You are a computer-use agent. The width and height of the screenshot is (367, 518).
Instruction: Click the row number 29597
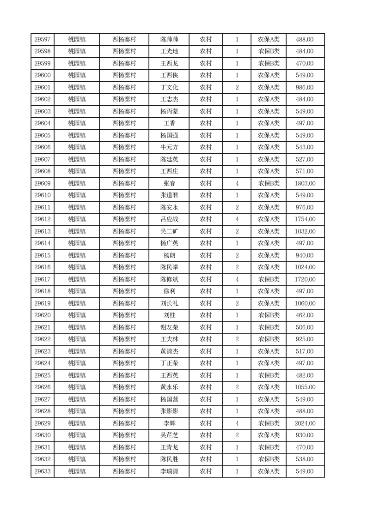43,40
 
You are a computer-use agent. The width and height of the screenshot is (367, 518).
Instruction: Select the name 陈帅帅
169,40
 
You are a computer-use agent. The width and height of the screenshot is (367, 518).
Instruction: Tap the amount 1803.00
305,184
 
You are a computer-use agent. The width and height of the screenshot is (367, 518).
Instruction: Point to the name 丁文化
169,88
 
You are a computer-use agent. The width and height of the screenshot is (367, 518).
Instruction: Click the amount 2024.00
305,423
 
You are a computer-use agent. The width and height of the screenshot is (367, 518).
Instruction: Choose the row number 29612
43,219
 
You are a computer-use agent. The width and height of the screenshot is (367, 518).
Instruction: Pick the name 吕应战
169,219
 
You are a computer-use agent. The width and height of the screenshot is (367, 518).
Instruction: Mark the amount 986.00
305,88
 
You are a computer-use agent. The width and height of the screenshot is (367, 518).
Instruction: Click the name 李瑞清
169,471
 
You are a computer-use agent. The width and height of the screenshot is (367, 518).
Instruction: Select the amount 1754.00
305,219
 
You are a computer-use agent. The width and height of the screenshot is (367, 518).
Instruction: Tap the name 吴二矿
169,231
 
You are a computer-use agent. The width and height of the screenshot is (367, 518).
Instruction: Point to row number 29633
43,471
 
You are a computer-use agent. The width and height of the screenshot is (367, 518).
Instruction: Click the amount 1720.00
305,279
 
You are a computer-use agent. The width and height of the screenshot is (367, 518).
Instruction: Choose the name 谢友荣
169,327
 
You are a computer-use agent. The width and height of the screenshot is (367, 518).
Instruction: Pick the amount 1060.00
305,303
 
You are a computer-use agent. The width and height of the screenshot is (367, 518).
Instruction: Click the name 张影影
169,411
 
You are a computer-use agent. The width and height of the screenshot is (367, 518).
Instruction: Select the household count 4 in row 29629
237,423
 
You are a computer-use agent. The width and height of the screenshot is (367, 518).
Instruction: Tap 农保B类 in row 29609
269,184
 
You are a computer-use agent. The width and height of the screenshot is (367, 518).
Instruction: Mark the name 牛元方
169,147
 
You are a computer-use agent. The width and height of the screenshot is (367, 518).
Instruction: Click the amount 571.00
305,171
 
